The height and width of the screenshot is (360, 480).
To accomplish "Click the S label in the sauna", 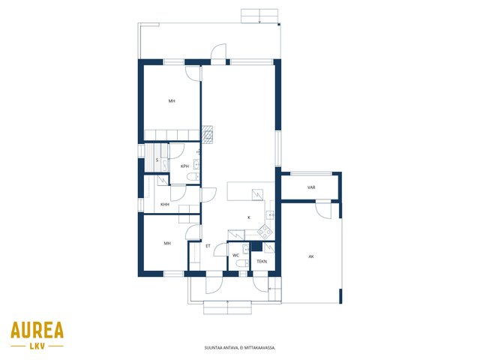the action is point(157,160).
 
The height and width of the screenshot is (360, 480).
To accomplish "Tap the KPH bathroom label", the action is point(184,166).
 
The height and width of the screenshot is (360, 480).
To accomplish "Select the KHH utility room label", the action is point(165,205).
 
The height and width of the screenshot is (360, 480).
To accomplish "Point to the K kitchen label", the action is point(249,217).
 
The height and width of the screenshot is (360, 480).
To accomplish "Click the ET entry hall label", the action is point(208,246).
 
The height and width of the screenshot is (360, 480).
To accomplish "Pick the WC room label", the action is point(235,255).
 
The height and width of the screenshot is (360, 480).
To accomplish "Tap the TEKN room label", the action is point(262,262).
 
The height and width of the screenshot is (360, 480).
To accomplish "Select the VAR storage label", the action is point(311,187).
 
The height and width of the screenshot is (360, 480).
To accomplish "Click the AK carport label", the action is point(311,256).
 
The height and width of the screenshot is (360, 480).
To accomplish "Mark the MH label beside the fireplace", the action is point(172,100).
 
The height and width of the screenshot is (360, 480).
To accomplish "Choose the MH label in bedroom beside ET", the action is point(167,243).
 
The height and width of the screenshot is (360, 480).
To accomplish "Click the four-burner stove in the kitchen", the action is point(265,232).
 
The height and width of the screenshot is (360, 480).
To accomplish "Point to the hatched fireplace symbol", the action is point(207,134).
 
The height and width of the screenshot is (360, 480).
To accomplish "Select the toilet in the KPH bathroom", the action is point(193,177).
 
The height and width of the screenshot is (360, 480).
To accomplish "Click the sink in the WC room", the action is point(246,249).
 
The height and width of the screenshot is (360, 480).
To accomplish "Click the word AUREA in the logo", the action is point(37,330).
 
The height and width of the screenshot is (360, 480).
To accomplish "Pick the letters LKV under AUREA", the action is point(37,346).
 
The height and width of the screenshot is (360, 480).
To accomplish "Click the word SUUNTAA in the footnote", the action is point(211,348).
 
